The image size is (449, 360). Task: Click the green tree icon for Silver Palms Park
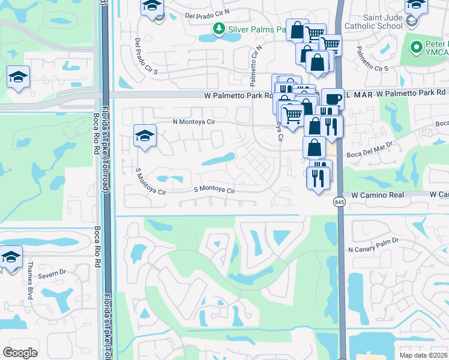pos(218,29)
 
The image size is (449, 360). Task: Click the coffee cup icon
pos(333,100)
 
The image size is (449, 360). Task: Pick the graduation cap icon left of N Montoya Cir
pos(145,136)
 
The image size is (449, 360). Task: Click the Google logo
pos(20,352)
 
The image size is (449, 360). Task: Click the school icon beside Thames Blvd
pos(10,257)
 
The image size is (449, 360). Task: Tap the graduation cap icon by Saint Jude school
pos(415,6)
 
